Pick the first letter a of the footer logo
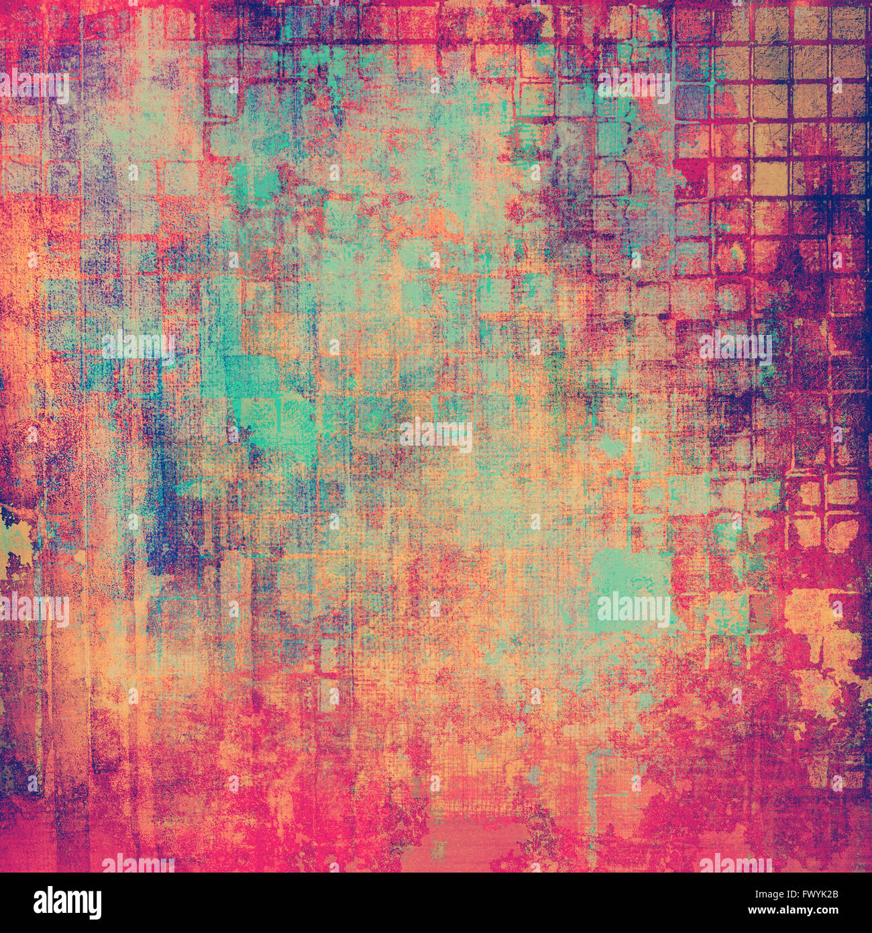(x=42, y=903)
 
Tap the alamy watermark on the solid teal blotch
(x=633, y=609)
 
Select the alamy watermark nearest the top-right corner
(x=633, y=86)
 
